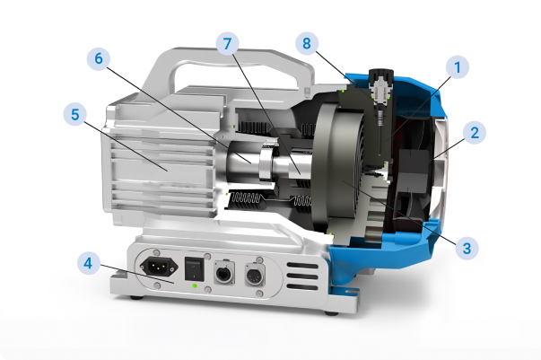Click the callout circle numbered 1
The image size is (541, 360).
point(458,67)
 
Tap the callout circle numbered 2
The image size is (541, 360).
point(475,133)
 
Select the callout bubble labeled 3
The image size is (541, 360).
point(467,248)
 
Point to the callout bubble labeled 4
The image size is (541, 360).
point(88,263)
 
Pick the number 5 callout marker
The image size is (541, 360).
point(75,114)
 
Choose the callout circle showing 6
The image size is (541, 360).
point(99,58)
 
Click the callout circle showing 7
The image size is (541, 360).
point(227,44)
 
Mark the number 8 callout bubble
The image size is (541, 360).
point(307,43)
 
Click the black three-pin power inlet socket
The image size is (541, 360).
point(159,267)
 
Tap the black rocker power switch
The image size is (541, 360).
point(193,268)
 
